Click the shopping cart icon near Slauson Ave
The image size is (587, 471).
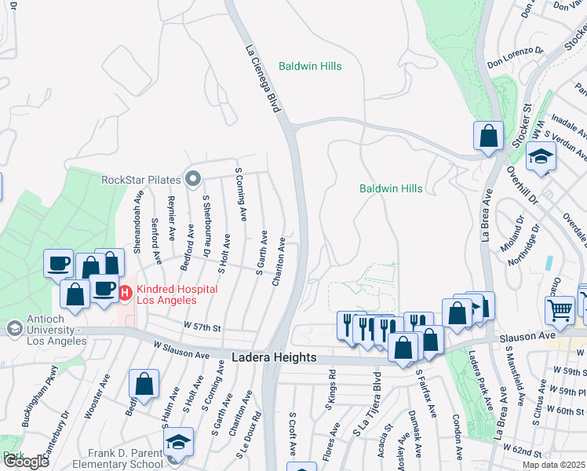click(x=560, y=309)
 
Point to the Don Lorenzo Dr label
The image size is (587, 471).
click(x=515, y=54)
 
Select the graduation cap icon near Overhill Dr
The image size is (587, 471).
click(x=541, y=156)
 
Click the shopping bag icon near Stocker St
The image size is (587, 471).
click(x=488, y=135)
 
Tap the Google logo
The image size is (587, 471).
click(x=26, y=462)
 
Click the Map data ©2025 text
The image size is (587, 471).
click(x=553, y=465)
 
